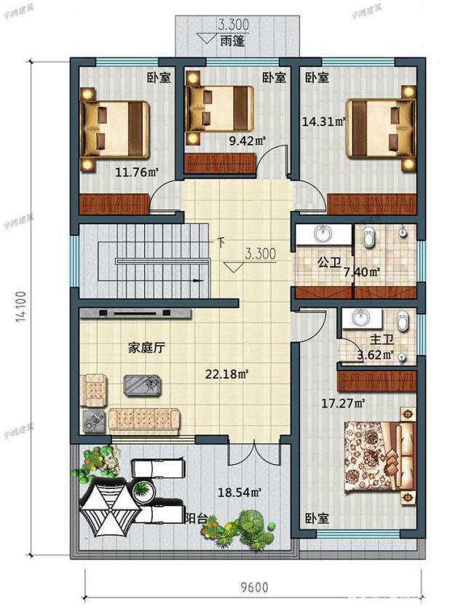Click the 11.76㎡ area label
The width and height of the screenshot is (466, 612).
tap(137, 172)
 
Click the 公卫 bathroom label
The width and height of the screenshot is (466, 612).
tap(329, 263)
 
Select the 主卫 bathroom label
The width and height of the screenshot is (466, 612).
tap(382, 340)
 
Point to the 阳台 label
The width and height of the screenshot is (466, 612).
tap(195, 518)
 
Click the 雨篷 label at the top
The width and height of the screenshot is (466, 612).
tap(234, 42)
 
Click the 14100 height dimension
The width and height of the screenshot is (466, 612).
tap(22, 306)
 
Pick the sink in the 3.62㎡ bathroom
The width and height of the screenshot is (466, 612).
tap(360, 318)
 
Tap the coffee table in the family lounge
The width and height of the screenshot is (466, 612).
tap(143, 384)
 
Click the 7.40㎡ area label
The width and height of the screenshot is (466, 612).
tap(362, 273)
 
